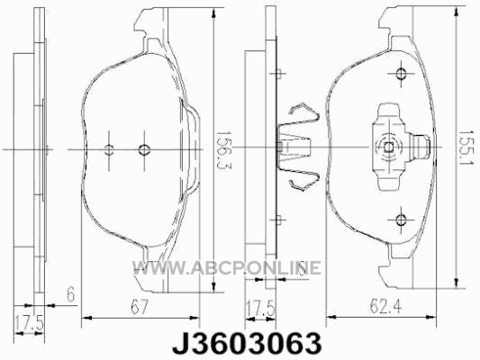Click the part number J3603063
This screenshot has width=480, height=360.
pos(247,343)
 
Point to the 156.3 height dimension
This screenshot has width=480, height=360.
pos(223,150)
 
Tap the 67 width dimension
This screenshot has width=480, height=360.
pos(139,307)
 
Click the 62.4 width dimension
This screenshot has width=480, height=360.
pos(385,307)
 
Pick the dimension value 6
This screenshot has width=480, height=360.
pos(71,295)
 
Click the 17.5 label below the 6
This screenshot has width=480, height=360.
pos(30,323)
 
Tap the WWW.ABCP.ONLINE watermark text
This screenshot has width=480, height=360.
pos(227,267)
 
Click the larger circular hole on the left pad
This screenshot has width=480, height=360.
pos(144,149)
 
